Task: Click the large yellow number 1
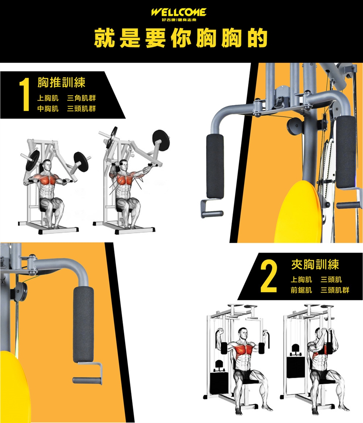coord(25,94)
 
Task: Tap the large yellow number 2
coord(269,276)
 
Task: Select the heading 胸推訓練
coord(61,82)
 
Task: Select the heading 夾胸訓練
coord(315,264)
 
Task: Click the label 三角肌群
coord(81,98)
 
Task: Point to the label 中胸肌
coord(48,109)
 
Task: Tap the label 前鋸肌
coord(301,290)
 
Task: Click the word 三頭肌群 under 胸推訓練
coord(81,109)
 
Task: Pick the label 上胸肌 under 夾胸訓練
coord(301,280)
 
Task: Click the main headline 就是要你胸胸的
coord(181,38)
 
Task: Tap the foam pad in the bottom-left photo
coord(84,324)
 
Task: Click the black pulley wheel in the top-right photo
coord(295,126)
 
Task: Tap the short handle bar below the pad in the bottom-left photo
coord(87,381)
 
